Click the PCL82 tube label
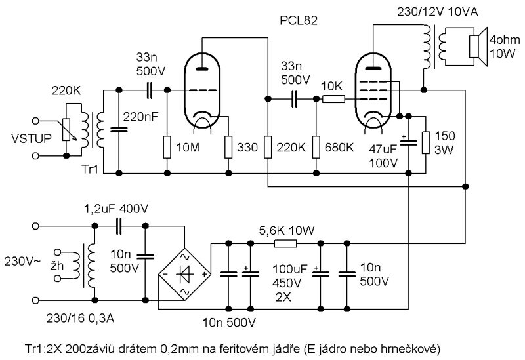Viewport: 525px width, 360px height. point(298,20)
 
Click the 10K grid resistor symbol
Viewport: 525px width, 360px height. point(333,100)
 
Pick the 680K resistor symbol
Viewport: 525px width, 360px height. point(316,147)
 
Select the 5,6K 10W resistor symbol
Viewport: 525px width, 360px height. point(285,243)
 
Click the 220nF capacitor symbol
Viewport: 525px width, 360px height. point(118,130)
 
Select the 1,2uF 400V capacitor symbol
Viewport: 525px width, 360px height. point(119,226)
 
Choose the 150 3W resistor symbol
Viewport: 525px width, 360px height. point(425,142)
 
